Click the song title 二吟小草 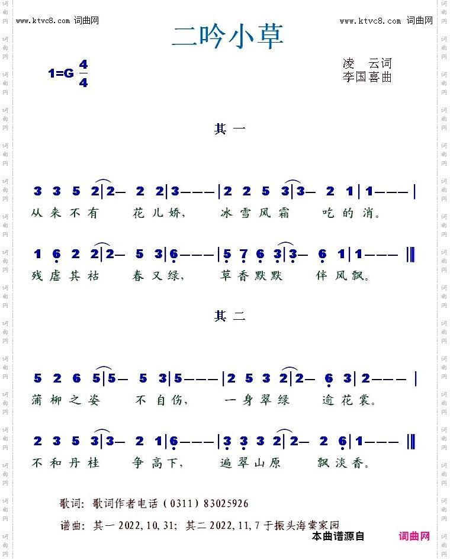[227, 36]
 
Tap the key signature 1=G [60, 73]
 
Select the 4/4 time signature [83, 73]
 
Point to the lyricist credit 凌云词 [367, 63]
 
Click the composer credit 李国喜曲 [367, 77]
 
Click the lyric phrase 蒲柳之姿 [65, 400]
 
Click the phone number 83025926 [226, 504]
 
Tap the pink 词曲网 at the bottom [414, 536]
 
